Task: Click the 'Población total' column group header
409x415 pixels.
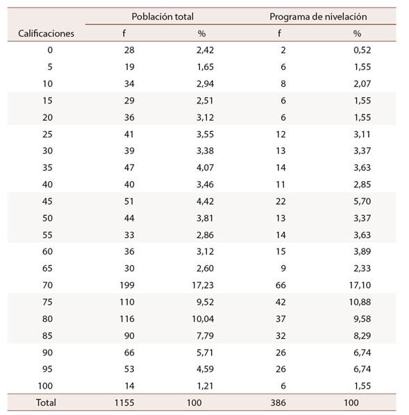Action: [162, 17]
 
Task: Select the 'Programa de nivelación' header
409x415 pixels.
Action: [318, 17]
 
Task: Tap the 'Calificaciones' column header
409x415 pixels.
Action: [46, 33]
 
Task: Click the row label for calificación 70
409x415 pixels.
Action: [47, 285]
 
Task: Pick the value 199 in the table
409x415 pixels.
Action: [127, 285]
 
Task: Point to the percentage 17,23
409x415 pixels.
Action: [203, 285]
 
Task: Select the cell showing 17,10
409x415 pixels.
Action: [360, 285]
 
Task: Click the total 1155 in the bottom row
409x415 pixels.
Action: [124, 403]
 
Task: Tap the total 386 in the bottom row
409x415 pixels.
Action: [278, 403]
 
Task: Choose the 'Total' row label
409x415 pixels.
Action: [46, 403]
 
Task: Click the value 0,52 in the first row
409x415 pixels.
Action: [362, 50]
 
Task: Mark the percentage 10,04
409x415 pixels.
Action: [203, 319]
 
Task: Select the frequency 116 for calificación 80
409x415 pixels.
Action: [127, 319]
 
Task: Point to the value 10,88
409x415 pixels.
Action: [360, 302]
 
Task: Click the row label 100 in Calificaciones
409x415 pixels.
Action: [45, 386]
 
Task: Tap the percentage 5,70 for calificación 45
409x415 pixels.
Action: [362, 201]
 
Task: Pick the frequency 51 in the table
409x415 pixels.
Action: [129, 201]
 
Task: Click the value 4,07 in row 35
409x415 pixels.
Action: [205, 167]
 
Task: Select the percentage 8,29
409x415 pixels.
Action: [362, 336]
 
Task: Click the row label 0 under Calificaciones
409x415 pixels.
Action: [50, 50]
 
